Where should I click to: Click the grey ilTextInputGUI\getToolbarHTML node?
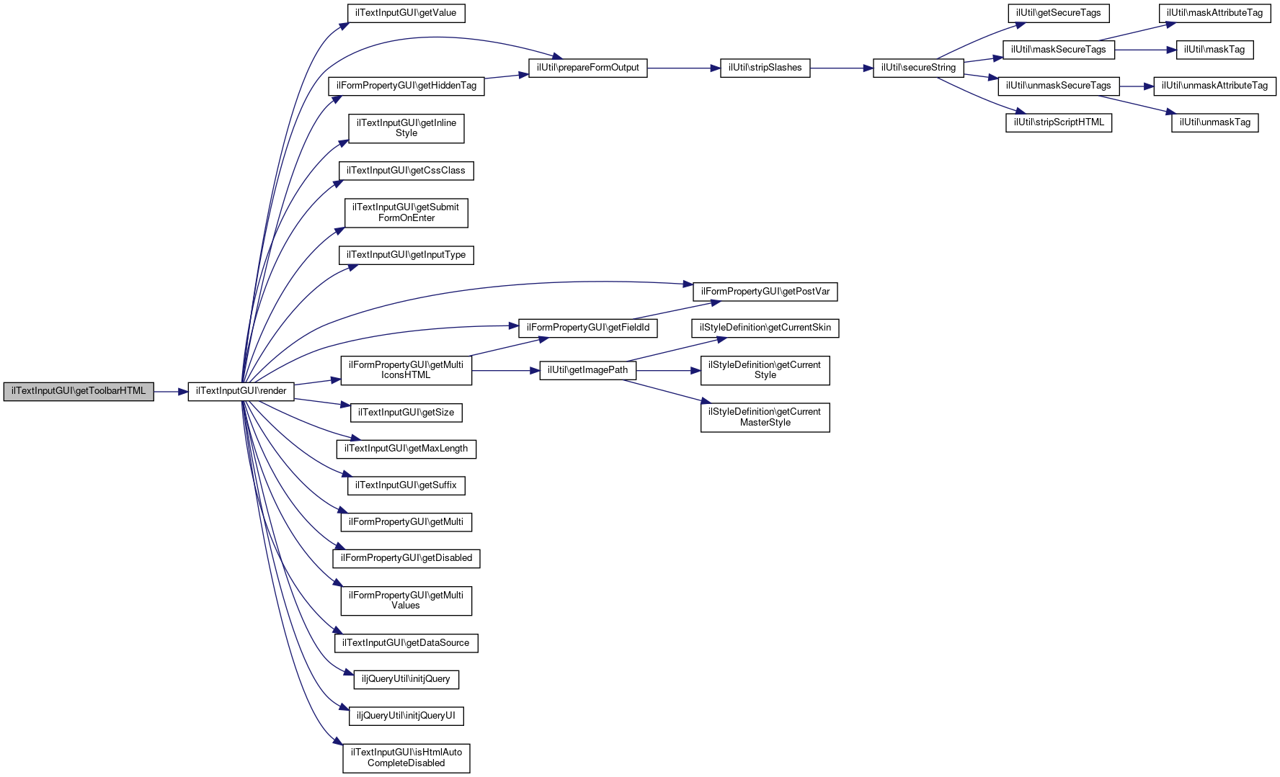pos(79,391)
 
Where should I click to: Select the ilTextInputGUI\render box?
pos(241,391)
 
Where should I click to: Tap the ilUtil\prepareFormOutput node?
pos(587,68)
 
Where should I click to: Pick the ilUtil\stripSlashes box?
pos(765,68)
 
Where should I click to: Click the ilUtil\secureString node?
pos(918,68)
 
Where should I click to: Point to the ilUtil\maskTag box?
pos(1214,50)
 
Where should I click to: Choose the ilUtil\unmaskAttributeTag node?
pos(1214,86)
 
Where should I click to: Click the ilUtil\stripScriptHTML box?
pos(1059,122)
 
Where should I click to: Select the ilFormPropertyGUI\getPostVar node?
pos(765,292)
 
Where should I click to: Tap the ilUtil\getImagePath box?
pos(587,370)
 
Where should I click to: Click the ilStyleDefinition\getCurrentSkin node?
pos(765,328)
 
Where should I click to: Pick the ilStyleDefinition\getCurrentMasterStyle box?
pos(765,417)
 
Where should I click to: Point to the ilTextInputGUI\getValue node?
pos(406,13)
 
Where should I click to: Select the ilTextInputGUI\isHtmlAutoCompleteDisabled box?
pos(406,758)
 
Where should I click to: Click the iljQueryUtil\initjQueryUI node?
pos(406,716)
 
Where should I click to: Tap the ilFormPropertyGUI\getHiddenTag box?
pos(406,86)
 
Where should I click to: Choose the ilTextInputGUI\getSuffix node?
pos(406,485)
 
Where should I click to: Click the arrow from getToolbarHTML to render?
pos(171,392)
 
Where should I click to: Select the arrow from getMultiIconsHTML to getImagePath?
pos(505,371)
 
